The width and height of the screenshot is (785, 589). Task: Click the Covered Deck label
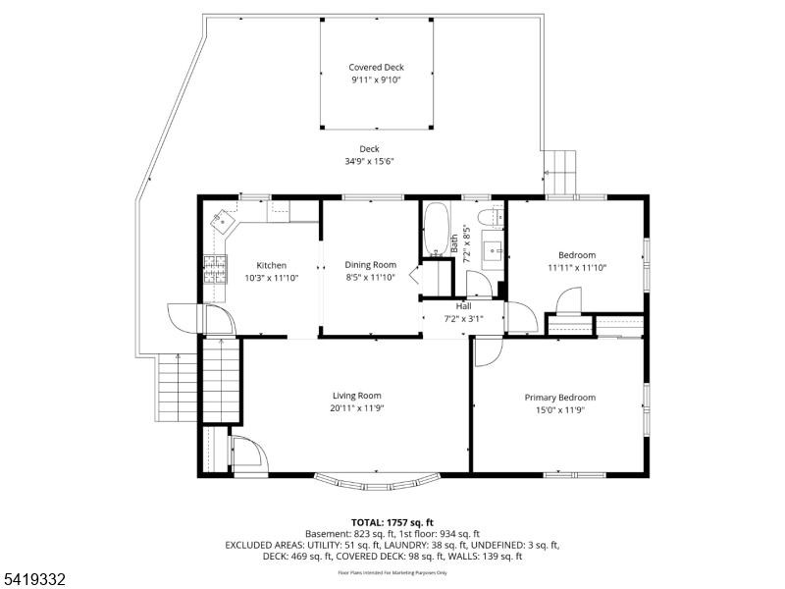pos(376,67)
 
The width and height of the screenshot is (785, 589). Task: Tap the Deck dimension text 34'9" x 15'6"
pos(369,161)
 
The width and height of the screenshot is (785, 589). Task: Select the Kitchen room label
pos(272,265)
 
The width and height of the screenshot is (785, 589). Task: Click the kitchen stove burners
pos(215,269)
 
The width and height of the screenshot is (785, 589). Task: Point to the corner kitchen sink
pos(223,220)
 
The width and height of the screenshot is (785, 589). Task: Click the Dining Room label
pos(371,265)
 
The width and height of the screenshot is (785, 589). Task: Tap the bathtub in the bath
pos(436,230)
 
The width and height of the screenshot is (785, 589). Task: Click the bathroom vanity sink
pos(493,250)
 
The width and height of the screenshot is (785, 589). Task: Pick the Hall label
pos(463,306)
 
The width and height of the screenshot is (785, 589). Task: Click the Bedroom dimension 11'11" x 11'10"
pos(577,267)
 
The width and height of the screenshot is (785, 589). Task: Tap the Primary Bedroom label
pos(560,398)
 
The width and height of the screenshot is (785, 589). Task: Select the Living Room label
pos(357,396)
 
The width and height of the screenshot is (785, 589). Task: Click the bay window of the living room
pos(377,482)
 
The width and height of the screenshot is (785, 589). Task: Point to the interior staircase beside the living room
pos(222,381)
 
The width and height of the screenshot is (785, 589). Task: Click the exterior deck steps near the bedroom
pos(560,173)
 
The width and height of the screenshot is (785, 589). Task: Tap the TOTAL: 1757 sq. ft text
pos(392,523)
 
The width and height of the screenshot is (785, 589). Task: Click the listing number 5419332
pos(33,579)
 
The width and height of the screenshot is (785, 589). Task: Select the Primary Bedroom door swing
pos(488,352)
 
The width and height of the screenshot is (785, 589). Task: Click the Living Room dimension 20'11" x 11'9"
pos(357,408)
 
